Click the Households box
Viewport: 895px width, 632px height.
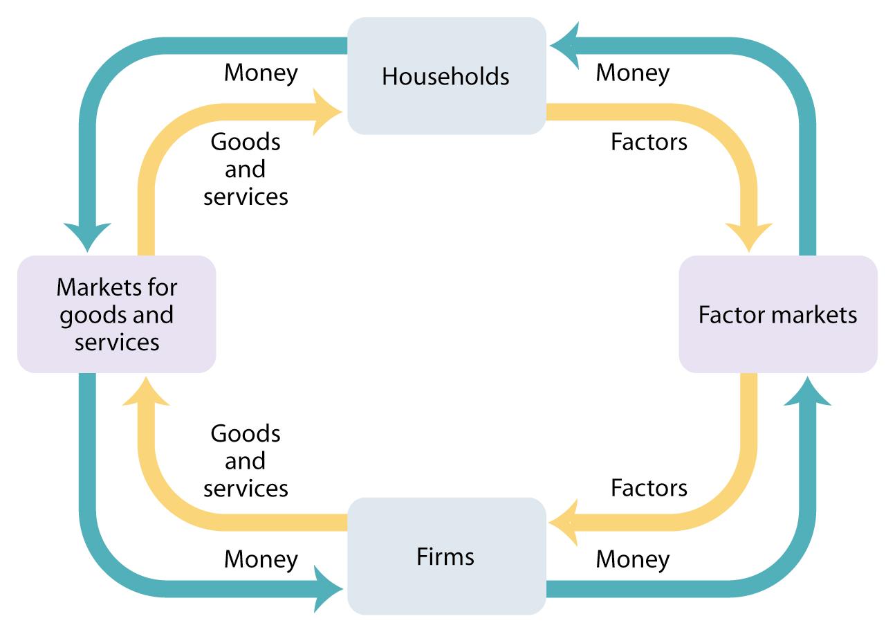[446, 75]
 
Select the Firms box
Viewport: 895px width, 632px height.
[446, 556]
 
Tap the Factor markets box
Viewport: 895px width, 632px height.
[777, 314]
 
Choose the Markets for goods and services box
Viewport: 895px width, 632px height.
[116, 314]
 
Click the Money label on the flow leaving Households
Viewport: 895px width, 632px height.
[261, 73]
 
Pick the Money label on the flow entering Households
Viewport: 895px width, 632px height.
[632, 73]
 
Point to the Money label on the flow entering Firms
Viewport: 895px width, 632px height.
[261, 559]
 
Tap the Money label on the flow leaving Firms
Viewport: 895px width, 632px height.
[632, 559]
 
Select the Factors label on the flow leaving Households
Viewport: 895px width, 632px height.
[649, 142]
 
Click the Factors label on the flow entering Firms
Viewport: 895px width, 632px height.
[649, 488]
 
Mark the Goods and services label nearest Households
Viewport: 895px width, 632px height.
[246, 169]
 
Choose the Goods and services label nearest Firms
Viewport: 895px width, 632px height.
[246, 461]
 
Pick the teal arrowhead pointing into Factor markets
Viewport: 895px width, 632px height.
[807, 391]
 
